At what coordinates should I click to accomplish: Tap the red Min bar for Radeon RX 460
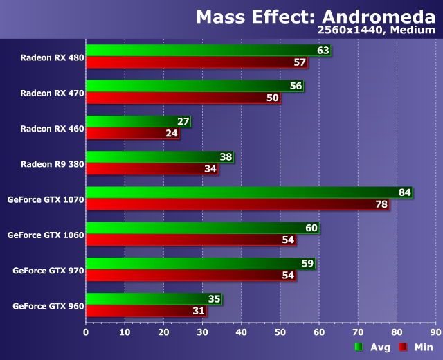[132, 133]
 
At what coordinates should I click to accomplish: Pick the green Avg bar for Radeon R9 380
[159, 157]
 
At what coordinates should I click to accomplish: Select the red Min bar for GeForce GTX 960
[146, 311]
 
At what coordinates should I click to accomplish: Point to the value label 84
[405, 192]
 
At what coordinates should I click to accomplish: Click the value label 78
[381, 204]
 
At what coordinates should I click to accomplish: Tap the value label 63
[323, 51]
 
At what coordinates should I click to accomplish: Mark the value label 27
[183, 121]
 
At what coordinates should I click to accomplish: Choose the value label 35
[215, 299]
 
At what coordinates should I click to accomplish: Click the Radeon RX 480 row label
[52, 57]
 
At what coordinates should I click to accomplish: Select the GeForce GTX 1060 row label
[46, 235]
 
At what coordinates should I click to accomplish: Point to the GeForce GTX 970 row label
[48, 270]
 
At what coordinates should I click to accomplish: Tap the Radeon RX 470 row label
[52, 93]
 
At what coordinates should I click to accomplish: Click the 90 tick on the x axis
[435, 332]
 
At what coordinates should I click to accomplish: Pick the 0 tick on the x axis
[86, 332]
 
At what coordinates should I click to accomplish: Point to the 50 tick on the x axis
[280, 332]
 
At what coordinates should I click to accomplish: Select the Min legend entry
[417, 348]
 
